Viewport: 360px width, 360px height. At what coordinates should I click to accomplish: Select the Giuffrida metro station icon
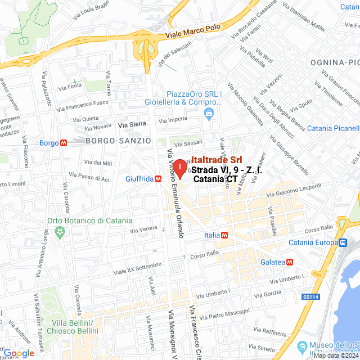pos(159,179)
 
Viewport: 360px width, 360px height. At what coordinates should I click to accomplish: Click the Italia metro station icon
pos(224,235)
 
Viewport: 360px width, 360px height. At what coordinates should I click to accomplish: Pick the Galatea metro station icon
pos(290,262)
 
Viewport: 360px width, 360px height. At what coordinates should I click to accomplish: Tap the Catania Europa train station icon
pos(342,242)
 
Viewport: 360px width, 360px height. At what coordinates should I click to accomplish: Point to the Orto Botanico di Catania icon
pos(58,232)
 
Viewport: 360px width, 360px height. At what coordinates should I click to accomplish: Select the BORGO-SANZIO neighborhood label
pos(118,140)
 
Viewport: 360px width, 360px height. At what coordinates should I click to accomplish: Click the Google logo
pos(19,353)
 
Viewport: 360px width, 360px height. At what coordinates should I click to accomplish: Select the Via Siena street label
pos(132,124)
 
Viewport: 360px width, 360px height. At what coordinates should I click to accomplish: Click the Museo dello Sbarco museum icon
pos(301,345)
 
